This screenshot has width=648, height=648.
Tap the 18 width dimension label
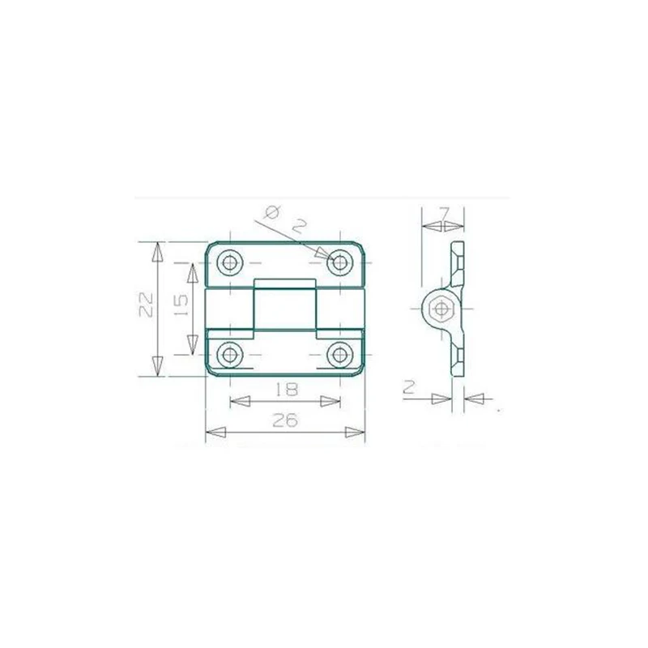coord(285,389)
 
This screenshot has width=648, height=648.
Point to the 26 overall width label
coord(285,420)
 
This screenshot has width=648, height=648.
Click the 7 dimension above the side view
coord(444,212)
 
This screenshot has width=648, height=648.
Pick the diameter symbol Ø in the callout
coord(272,213)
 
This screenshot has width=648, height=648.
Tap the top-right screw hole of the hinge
coord(339,262)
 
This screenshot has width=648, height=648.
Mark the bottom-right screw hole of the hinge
coord(339,354)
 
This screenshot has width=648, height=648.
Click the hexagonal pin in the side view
coord(441,308)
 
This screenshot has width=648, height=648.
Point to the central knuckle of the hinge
coord(284,307)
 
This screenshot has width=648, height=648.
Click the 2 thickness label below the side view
coord(409,388)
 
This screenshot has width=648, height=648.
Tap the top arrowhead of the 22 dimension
coord(159,250)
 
